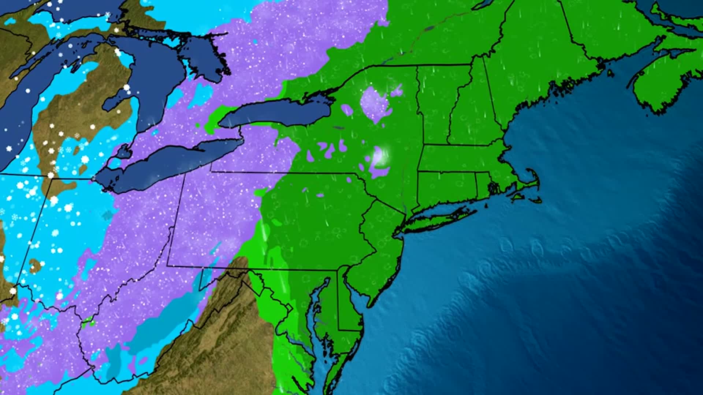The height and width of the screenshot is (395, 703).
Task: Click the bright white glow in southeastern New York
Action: click(381, 155)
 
